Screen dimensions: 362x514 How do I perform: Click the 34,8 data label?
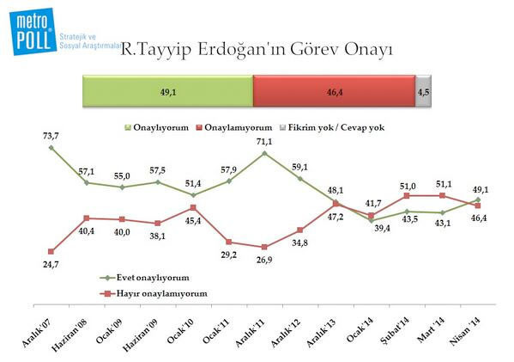coord(299,242)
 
